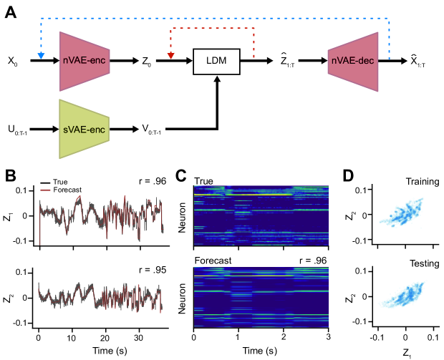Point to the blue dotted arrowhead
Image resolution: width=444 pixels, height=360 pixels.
41,55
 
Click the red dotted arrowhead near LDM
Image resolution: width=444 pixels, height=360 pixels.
170,55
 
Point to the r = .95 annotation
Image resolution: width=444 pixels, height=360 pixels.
151,271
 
